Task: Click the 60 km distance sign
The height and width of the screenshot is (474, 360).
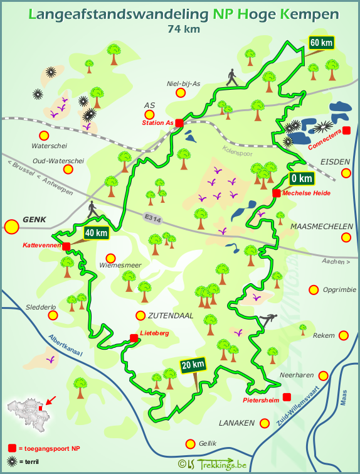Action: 320,43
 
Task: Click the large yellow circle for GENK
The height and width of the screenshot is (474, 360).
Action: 11,227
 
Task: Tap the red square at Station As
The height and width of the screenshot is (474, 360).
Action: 179,123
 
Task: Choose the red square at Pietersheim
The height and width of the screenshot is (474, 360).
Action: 287,396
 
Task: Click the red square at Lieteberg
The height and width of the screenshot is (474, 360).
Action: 134,338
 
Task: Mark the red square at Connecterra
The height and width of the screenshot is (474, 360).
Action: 347,130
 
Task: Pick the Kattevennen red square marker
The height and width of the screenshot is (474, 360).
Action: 66,245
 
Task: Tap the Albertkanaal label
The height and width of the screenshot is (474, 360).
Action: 66,347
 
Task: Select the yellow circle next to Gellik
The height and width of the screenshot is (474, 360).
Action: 189,444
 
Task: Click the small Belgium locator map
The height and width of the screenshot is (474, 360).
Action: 25,407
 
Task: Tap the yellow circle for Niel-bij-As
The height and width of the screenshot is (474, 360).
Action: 181,93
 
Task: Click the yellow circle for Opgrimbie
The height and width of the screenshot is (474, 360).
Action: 314,289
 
